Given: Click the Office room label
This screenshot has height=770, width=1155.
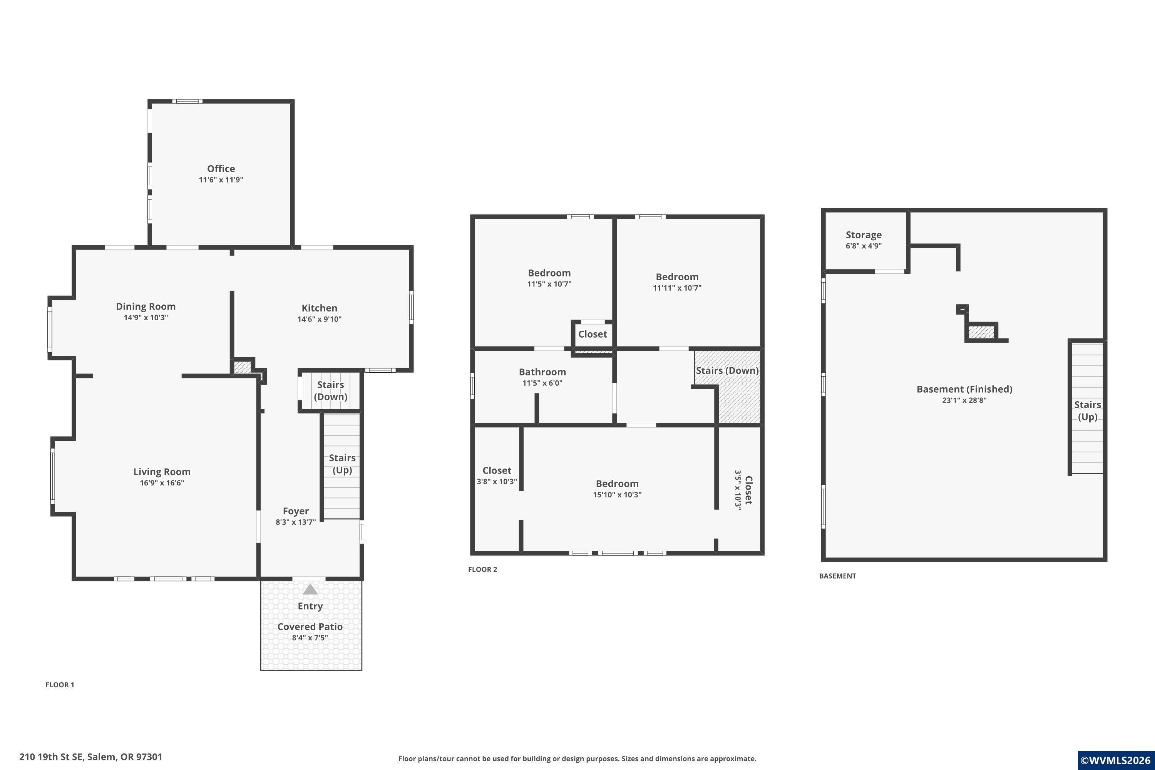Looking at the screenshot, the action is [221, 169].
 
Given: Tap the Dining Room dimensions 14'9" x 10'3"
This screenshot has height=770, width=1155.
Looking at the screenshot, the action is [146, 318].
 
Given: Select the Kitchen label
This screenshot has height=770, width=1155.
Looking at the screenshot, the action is [319, 308].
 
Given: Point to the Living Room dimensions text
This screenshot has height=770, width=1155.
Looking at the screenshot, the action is [162, 483].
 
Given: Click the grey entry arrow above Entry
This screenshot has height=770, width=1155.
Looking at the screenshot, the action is [310, 589].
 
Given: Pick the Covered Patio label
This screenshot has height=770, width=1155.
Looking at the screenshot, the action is [310, 627].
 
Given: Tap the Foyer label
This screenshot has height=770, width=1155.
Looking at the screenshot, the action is [296, 511].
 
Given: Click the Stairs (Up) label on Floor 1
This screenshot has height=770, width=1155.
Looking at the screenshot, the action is [342, 464].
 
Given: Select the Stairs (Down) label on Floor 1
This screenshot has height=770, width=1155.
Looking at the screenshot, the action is [330, 391].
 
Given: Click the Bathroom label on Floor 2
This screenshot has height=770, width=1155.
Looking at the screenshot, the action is [542, 372].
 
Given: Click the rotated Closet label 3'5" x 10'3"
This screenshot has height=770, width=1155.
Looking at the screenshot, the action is [743, 490].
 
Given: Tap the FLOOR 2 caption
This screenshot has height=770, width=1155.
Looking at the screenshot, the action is [483, 570].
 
